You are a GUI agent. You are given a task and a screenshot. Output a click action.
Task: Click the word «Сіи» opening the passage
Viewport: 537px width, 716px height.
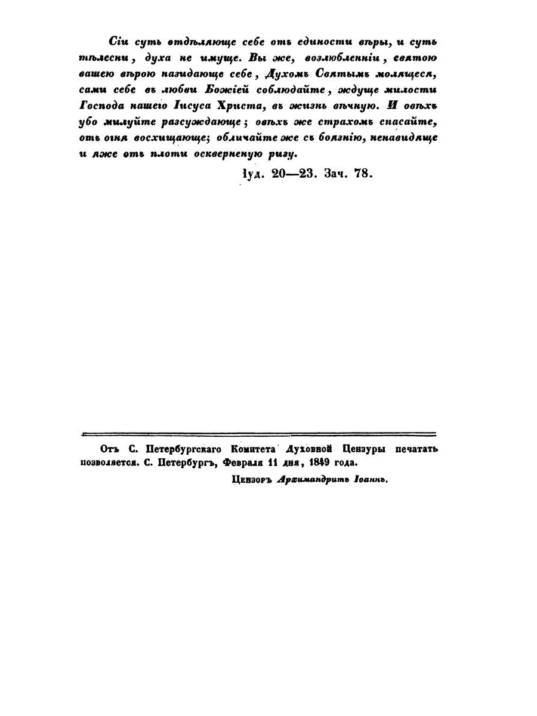[x=119, y=42]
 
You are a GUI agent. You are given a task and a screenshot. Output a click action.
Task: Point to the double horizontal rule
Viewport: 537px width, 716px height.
[x=258, y=435]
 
